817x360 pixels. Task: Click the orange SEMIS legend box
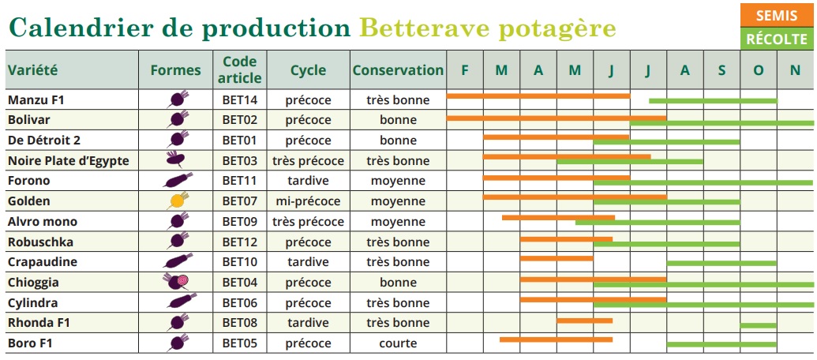776,16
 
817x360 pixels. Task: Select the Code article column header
240,69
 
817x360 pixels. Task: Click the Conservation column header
398,69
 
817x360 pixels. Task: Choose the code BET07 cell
240,201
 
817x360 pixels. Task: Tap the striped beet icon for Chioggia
178,282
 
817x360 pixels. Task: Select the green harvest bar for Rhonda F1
758,324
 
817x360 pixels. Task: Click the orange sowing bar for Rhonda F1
584,320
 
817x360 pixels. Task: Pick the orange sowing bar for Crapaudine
557,257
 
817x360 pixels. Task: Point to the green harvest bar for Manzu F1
713,100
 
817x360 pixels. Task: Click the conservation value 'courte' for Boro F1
398,343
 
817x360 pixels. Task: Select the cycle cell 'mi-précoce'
308,201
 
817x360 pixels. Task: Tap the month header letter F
465,69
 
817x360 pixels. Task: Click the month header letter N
795,69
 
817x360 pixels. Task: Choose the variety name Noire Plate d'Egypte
68,161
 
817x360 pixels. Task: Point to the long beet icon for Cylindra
180,302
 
